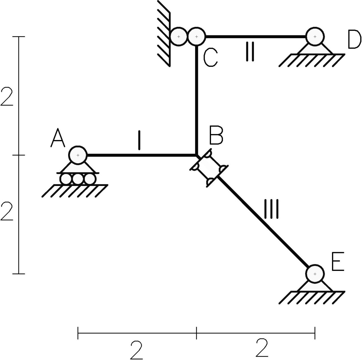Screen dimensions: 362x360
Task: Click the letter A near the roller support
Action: click(x=58, y=139)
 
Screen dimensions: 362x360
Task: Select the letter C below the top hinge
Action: click(x=210, y=58)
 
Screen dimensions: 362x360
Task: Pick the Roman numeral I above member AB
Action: click(x=139, y=140)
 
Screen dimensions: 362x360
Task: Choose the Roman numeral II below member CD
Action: click(x=249, y=52)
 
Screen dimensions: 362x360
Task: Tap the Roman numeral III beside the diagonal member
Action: click(x=271, y=209)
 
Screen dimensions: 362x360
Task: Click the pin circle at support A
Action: click(x=78, y=155)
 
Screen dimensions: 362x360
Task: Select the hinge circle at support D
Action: click(x=315, y=37)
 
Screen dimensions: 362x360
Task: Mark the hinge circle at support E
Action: click(x=315, y=274)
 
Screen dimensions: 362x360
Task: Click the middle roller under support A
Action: click(x=78, y=179)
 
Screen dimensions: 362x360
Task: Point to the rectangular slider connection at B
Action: click(x=209, y=168)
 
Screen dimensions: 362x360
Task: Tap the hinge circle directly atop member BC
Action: click(x=197, y=37)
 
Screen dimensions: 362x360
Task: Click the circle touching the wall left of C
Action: click(x=179, y=37)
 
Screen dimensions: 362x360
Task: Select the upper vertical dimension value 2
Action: click(x=7, y=96)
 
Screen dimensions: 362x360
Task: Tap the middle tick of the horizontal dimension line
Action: click(x=197, y=332)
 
